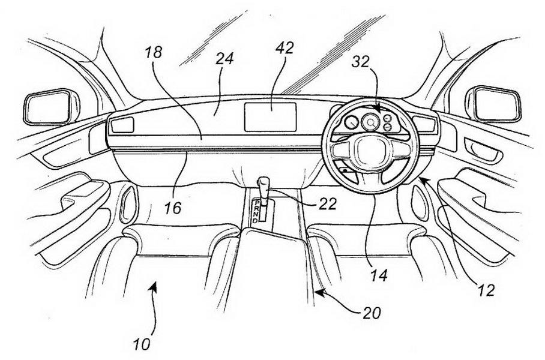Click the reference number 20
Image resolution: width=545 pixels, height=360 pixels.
tap(371, 312)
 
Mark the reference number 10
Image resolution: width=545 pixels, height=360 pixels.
tap(143, 344)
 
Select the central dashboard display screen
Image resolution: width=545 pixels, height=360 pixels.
tap(270, 116)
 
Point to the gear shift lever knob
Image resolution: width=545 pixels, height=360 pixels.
tap(265, 181)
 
